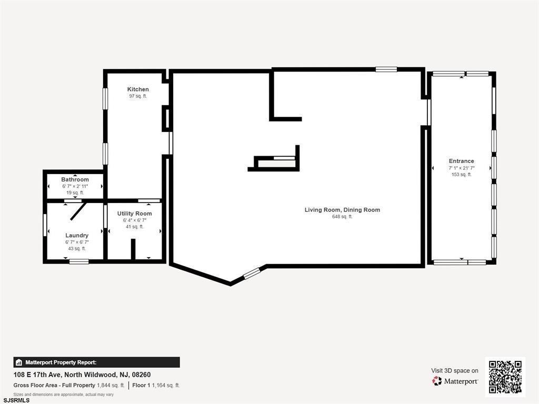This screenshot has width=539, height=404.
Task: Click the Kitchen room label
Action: pos(138,89)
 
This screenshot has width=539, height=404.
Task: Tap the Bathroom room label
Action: pos(75,179)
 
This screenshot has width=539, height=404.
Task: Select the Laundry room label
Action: pos(77,235)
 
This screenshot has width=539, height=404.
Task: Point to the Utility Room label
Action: pos(134,214)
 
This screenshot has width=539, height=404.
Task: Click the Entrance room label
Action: pos(461,161)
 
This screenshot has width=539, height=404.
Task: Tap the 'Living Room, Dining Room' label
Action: pos(342,209)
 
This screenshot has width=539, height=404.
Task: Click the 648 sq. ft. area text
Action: pos(342,216)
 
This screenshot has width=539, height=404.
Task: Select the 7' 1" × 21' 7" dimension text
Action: pos(461,168)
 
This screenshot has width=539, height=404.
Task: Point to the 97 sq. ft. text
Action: pos(138,96)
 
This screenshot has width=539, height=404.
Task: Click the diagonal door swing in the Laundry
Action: pos(78,211)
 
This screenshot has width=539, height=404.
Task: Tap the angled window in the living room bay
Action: pos(252,273)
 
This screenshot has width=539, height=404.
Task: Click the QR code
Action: pos(505,377)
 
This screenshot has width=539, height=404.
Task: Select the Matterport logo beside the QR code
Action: pos(455,381)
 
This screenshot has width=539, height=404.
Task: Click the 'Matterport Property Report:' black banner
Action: pos(97,362)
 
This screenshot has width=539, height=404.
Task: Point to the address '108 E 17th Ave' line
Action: pos(82,375)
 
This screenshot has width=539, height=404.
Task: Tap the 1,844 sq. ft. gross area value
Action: pos(111,386)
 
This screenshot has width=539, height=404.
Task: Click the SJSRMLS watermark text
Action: pos(15,400)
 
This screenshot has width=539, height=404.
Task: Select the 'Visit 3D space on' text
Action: pos(455,371)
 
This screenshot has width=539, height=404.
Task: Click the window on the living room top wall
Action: pos(386,69)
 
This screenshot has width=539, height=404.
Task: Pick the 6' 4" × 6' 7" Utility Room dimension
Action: pos(135,220)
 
